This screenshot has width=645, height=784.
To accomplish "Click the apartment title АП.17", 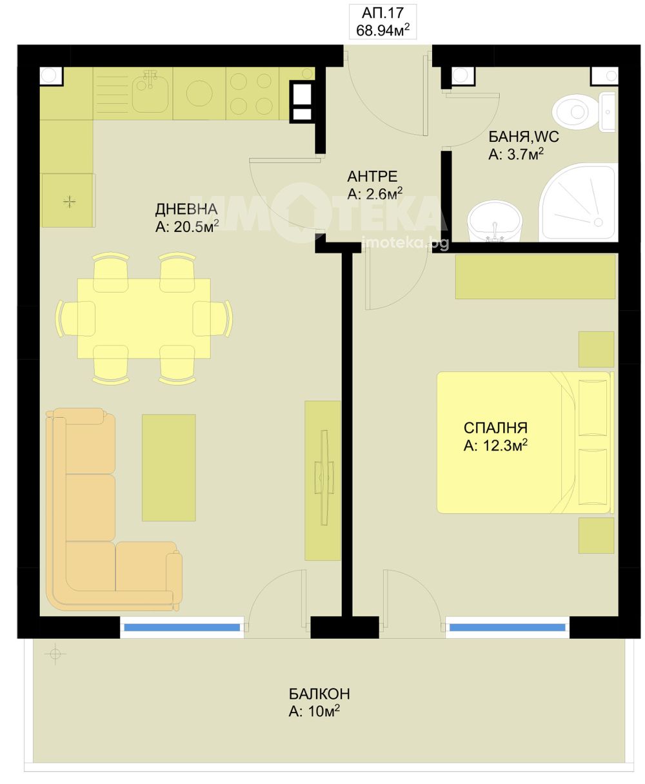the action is click(382, 13).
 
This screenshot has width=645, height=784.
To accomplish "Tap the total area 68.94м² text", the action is click(382, 30).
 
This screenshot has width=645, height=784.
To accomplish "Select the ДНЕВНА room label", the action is click(186, 209).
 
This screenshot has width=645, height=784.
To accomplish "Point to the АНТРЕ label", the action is click(372, 176).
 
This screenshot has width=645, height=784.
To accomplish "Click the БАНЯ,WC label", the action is click(523, 137).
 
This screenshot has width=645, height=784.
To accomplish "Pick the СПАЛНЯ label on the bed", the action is click(495, 428).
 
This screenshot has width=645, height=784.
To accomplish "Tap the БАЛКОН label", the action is click(319, 694).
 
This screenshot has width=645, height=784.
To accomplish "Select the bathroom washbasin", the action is click(495, 222).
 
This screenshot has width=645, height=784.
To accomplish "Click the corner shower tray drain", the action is click(598, 222).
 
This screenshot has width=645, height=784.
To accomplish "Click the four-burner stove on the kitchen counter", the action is click(252, 93).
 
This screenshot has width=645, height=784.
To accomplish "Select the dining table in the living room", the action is click(144, 318).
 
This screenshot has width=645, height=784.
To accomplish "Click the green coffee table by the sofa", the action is click(168, 467).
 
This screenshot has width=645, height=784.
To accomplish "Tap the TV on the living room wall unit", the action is click(324, 477).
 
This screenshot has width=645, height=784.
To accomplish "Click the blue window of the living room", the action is click(182, 627).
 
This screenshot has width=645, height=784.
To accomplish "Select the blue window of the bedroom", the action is click(508, 627).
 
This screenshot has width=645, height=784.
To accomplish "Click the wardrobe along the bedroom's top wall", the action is click(535, 277).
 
